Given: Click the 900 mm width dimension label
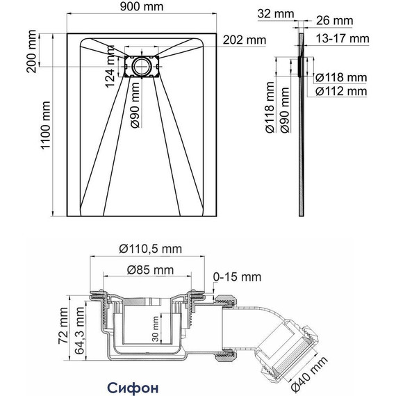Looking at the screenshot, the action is pyautogui.click(x=142, y=6).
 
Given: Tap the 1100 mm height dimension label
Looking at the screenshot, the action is pyautogui.click(x=47, y=125).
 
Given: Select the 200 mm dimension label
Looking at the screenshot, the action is pyautogui.click(x=31, y=51).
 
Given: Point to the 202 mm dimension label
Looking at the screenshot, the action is pyautogui.click(x=245, y=40).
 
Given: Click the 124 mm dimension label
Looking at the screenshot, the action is pyautogui.click(x=110, y=67).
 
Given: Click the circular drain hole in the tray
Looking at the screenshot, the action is pyautogui.click(x=142, y=67).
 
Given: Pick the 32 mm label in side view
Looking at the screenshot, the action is pyautogui.click(x=276, y=14).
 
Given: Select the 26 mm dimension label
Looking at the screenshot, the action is pyautogui.click(x=334, y=20).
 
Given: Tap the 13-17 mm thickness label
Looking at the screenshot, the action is pyautogui.click(x=343, y=39).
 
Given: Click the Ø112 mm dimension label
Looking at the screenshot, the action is pyautogui.click(x=341, y=91).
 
